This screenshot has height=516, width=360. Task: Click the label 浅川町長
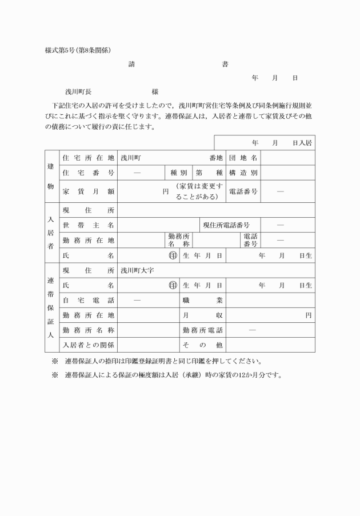coord(78,91)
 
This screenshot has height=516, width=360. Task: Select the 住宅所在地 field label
coord(88,157)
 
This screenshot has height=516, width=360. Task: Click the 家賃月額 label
coord(88,191)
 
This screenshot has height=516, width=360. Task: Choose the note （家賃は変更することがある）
coord(198,191)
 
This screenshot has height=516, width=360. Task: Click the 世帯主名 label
coord(88,225)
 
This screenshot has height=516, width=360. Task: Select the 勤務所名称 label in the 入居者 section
coord(179,240)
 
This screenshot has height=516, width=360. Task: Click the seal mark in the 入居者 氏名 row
coord(173,255)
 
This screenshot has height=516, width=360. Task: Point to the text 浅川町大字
coord(137,270)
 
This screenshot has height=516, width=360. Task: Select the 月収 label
coord(202,315)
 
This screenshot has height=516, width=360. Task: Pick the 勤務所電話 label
coord(202,330)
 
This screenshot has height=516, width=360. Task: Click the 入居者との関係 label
coord(88,345)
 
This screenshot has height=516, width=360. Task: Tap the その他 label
coord(202,345)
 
